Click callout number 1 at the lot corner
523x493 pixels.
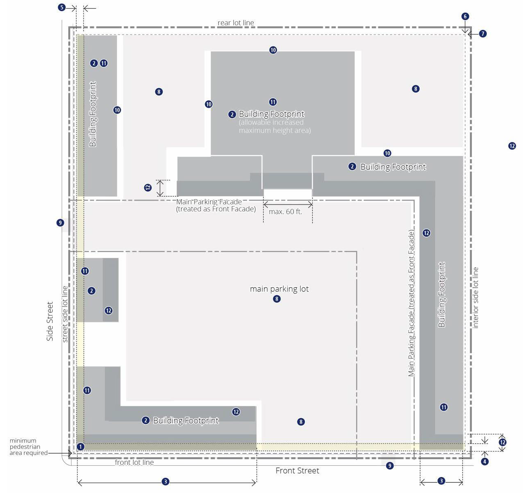[x=80, y=446]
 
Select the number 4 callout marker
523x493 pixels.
[x=485, y=461]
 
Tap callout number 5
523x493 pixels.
[x=62, y=7]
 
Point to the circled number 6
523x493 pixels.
[x=465, y=16]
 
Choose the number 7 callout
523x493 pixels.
[x=483, y=34]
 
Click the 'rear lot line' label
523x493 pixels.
[x=236, y=23]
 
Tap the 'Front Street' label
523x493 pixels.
[x=297, y=471]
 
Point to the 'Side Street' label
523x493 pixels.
[x=50, y=321]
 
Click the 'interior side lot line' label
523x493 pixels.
[x=475, y=298]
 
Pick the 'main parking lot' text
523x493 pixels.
[x=279, y=289]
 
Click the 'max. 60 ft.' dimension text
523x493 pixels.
[x=286, y=211]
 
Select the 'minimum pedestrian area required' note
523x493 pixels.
[x=29, y=446]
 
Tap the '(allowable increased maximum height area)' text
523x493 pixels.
[x=275, y=126]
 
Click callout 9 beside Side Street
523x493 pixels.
[x=60, y=223]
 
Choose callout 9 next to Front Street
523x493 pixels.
[x=390, y=466]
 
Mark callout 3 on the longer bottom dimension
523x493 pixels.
[x=165, y=482]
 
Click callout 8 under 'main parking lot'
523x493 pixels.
[x=277, y=299]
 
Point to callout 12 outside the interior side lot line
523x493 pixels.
[x=512, y=146]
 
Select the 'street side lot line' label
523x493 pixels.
[x=65, y=314]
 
